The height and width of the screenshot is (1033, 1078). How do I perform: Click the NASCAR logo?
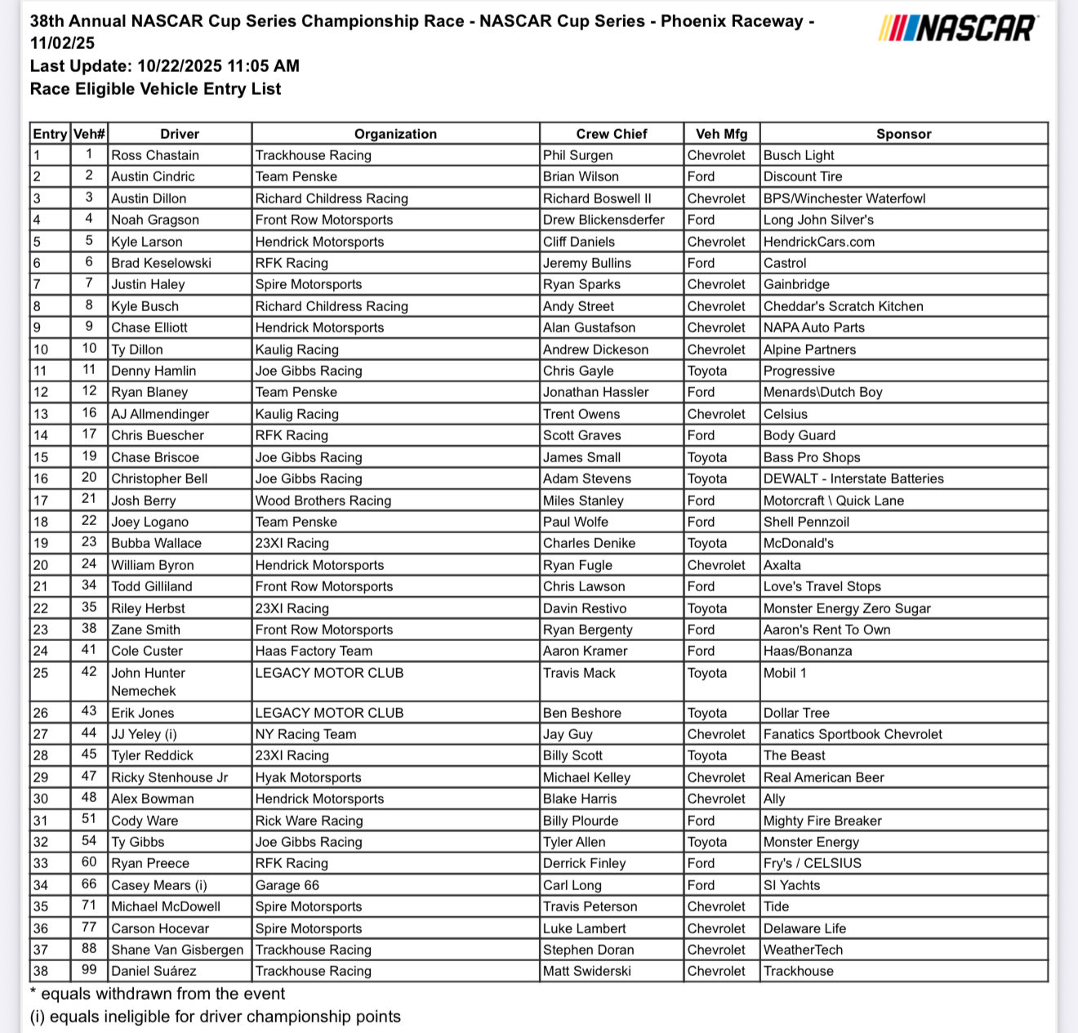[x=958, y=29]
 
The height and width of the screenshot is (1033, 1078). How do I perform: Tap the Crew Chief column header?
[x=611, y=134]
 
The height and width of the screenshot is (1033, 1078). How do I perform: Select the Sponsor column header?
[x=903, y=134]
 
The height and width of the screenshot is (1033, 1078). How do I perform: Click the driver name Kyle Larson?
[x=147, y=242]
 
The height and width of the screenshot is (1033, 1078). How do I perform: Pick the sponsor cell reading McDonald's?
[x=798, y=543]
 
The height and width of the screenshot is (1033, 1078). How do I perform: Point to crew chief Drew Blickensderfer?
[x=604, y=220]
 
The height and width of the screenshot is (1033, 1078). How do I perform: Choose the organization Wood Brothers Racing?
[x=323, y=501]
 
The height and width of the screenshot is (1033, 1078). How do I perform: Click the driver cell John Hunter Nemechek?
[x=149, y=681]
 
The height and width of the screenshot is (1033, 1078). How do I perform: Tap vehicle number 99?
[x=89, y=970]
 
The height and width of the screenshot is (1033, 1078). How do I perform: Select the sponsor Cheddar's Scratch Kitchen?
[x=843, y=306]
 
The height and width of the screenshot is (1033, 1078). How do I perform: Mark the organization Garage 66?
[x=287, y=885]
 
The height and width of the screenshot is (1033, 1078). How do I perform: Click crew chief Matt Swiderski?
[x=586, y=971]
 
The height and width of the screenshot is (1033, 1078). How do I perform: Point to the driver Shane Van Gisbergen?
[x=177, y=950]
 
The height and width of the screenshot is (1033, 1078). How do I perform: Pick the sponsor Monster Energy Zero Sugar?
[x=846, y=608]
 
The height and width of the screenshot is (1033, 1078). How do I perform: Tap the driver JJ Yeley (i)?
[x=143, y=734]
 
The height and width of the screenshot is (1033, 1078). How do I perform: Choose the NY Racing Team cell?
[x=305, y=734]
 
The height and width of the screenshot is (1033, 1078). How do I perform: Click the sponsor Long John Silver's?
[x=818, y=220]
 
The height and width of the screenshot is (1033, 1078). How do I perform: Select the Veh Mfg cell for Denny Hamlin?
[x=707, y=371]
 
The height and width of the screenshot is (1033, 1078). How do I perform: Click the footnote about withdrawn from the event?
[x=158, y=994]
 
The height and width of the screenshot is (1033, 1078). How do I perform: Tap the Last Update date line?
[x=165, y=66]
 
